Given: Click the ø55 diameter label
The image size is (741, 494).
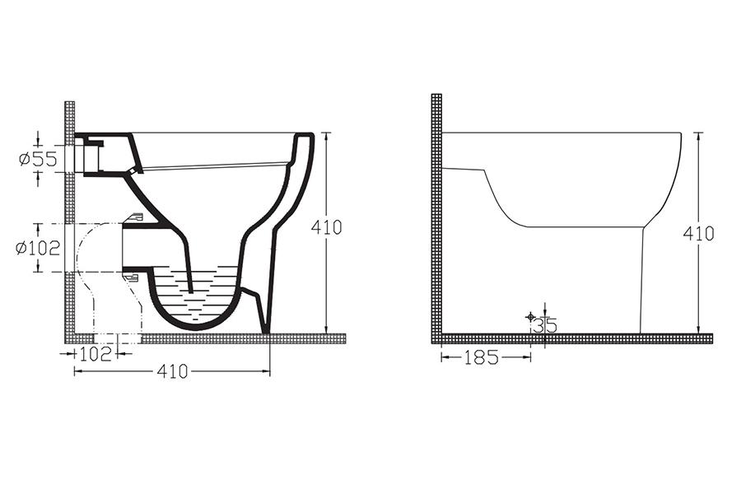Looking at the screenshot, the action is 38,159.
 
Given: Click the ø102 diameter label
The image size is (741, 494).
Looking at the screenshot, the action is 38,248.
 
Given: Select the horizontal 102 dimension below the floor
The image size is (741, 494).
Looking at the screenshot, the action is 96,353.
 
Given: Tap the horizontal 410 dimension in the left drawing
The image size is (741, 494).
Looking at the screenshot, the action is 173,372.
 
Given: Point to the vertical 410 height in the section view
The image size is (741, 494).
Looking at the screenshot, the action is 326,227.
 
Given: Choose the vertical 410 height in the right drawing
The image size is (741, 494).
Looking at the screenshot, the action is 698,234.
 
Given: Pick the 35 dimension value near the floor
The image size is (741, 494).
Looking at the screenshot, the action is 545,325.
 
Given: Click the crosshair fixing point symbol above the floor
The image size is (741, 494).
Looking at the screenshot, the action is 530,316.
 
